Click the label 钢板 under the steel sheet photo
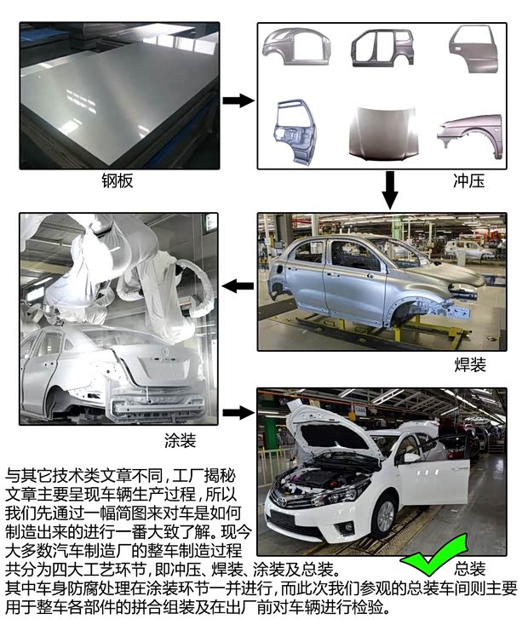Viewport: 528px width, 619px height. click(x=118, y=181)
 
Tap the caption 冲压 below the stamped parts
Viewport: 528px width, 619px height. click(x=468, y=181)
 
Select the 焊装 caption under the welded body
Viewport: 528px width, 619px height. click(x=469, y=364)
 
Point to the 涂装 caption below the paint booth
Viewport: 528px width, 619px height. click(x=181, y=440)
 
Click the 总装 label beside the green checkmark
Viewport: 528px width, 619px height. click(x=470, y=568)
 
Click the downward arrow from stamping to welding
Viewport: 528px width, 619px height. click(x=390, y=189)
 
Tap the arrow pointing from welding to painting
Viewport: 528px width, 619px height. click(x=238, y=285)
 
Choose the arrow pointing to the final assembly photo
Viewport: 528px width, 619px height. click(x=238, y=413)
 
